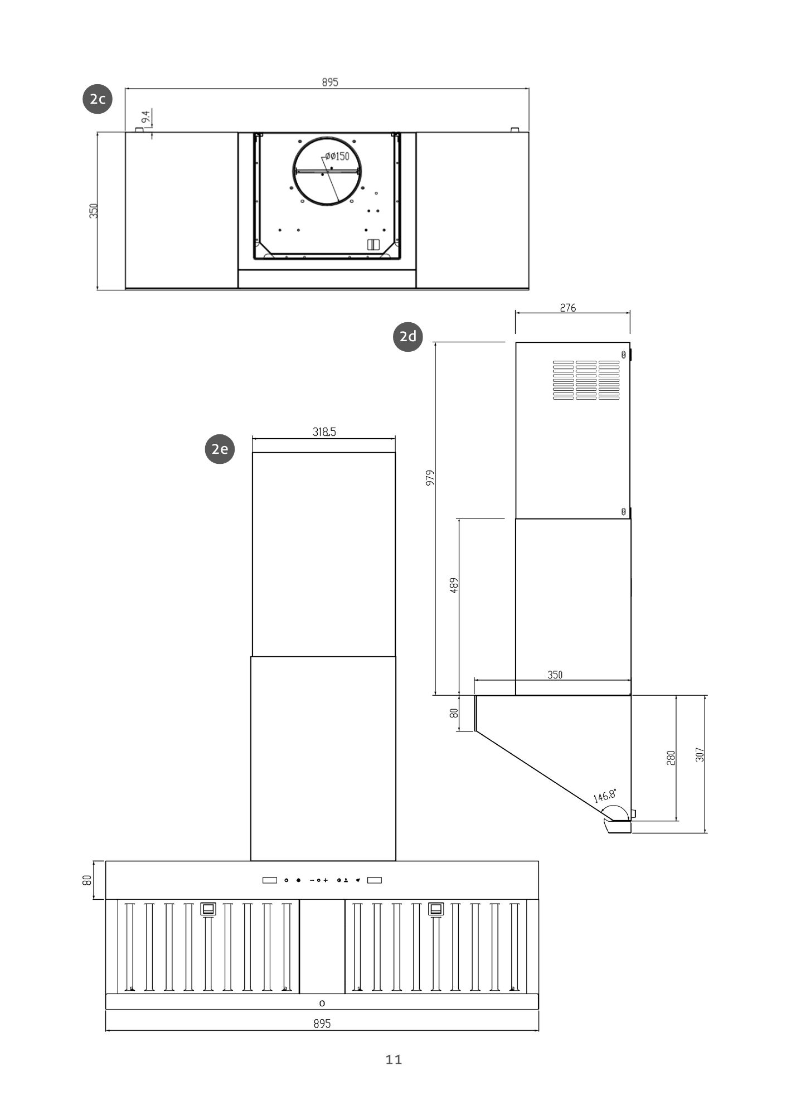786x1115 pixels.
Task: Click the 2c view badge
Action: (x=98, y=99)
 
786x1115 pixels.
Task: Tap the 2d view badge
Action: (x=408, y=336)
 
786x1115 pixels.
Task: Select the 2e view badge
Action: (x=220, y=449)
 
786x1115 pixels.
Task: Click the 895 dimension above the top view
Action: (x=329, y=83)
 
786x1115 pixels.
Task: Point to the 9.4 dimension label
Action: (x=146, y=117)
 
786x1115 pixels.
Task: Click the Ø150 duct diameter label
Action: (x=337, y=156)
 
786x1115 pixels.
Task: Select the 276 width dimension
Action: (x=567, y=308)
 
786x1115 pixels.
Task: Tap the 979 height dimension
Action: (x=430, y=478)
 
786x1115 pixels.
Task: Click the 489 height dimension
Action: (x=454, y=585)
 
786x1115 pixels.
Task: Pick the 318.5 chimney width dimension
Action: (x=324, y=432)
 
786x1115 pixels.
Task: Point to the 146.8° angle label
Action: (x=604, y=795)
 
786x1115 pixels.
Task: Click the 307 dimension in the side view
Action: (x=700, y=755)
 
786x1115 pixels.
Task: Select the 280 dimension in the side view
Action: (x=671, y=757)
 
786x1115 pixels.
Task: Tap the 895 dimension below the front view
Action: (x=322, y=1024)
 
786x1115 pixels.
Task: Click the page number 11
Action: (x=394, y=1059)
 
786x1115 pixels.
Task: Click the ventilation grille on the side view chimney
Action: (x=586, y=380)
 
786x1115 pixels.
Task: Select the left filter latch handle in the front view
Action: (x=208, y=909)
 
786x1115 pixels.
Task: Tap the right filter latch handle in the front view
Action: (x=436, y=909)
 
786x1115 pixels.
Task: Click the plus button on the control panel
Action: (x=326, y=880)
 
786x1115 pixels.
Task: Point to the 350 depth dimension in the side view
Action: (x=555, y=675)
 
